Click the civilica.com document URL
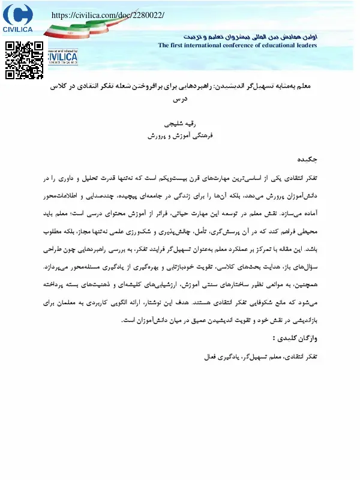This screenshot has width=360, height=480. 107,15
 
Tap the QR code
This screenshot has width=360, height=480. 24,60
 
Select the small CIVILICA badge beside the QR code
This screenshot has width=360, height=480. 62,58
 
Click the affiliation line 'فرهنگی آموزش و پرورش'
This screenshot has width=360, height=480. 181,136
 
